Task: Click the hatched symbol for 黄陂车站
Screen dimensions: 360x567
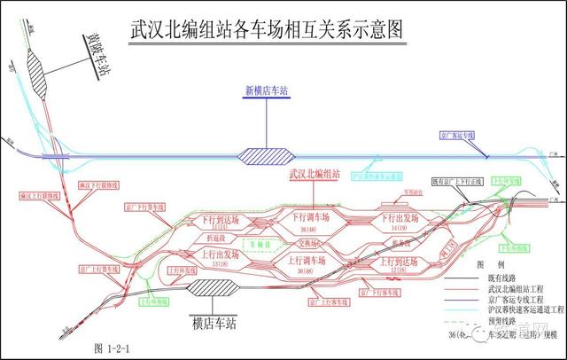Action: [36, 70]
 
